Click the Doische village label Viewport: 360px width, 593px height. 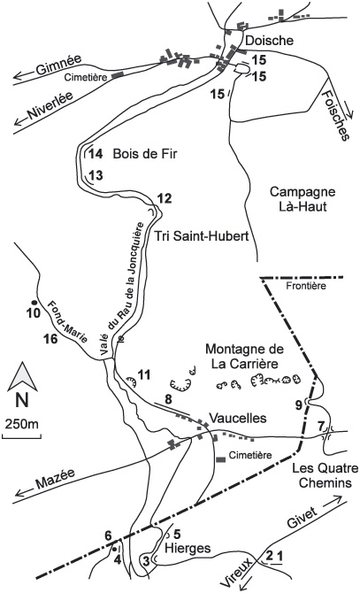pos(270,41)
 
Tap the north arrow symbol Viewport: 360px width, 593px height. pos(22,377)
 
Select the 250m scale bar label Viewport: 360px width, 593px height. pos(22,424)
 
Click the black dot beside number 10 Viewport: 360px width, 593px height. pos(34,303)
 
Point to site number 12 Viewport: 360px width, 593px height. pos(165,198)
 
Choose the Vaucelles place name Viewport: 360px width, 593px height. pos(238,418)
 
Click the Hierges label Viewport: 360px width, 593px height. pos(188,548)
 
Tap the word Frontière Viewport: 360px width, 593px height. pos(306,286)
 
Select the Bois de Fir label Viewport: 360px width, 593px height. pos(145,154)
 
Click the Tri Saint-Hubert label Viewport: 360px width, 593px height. pos(202,236)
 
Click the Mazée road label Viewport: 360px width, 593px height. pos(55,479)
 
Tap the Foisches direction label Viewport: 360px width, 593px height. pos(334,117)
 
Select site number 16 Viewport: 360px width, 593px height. pos(51,338)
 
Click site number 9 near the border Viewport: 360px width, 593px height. pos(298,405)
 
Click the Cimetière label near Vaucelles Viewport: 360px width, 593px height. pos(250,455)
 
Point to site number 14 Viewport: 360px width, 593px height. pos(96,154)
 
